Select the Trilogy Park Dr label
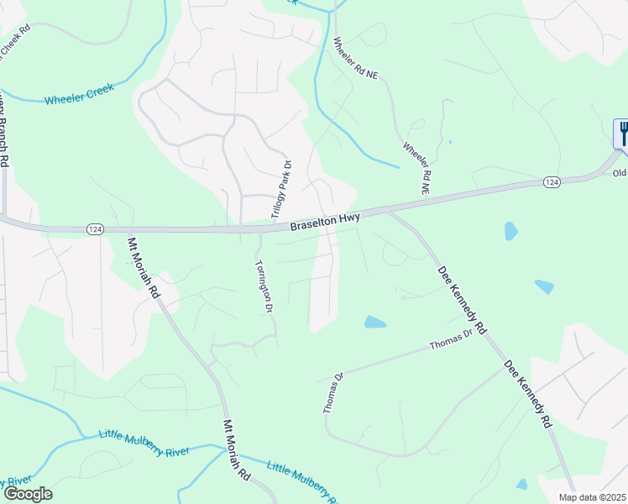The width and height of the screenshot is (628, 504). (280, 189)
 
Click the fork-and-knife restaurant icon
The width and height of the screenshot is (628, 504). (623, 134)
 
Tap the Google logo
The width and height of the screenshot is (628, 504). (27, 494)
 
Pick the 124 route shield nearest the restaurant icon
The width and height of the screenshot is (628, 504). (551, 181)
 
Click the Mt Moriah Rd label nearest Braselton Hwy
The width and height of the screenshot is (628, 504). (144, 268)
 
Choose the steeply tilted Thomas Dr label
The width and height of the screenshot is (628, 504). (333, 393)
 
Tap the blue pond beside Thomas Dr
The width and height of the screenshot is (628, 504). (375, 322)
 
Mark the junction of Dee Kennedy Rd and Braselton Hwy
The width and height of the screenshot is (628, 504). (389, 211)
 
